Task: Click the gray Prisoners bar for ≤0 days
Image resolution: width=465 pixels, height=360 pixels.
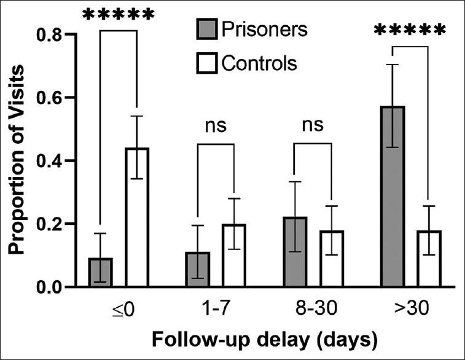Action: coord(100,272)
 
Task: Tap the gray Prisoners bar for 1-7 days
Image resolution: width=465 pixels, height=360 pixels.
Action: coord(198,269)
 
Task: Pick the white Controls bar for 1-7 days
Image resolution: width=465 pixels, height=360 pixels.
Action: coord(233,256)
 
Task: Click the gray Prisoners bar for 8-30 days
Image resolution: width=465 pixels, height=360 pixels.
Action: coord(295,252)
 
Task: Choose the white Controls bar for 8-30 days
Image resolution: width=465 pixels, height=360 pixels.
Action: coord(331,259)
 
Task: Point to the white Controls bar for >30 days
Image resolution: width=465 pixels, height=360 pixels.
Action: coord(428,259)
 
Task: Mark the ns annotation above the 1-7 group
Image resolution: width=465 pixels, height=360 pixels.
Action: coord(216,126)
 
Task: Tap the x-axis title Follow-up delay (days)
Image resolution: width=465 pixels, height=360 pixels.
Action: coord(265,338)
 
